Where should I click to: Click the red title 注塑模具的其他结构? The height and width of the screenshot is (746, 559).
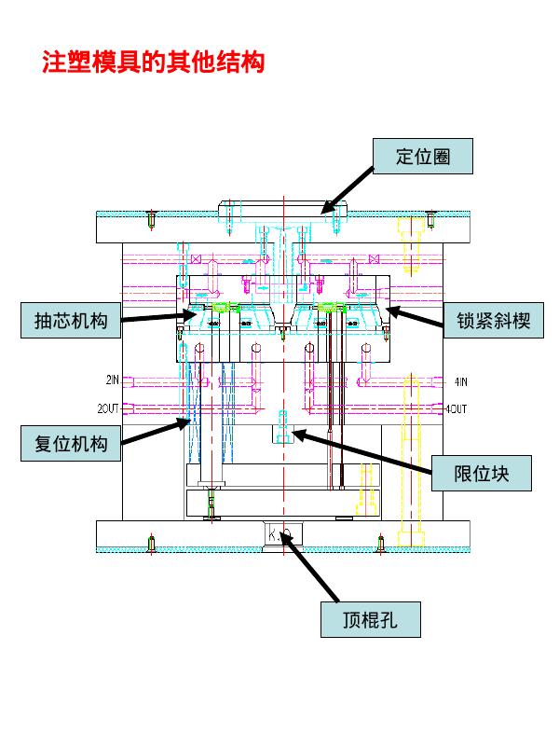point(154,62)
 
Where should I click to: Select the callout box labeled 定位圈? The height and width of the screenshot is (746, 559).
point(423,157)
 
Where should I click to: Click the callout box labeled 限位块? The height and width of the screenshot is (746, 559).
point(481,474)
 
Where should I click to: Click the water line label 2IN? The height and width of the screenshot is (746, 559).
point(112,380)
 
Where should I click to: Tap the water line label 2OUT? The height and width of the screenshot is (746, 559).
point(110,408)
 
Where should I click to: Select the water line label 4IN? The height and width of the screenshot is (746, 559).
point(460,380)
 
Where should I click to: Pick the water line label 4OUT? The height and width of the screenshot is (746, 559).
point(456,408)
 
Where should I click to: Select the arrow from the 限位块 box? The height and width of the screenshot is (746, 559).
point(363,452)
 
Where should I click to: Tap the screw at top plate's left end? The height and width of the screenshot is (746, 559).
point(151,220)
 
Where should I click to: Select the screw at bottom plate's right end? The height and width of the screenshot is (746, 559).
point(380,542)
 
